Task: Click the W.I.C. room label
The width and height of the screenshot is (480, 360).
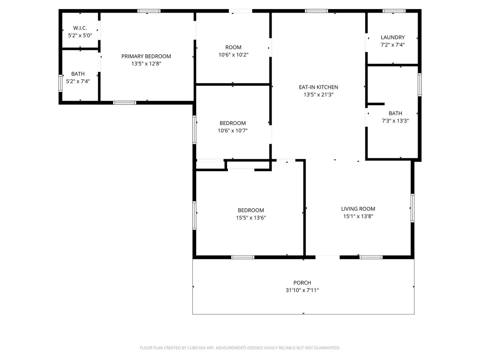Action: coord(80,28)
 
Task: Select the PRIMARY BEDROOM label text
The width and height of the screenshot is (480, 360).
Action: coord(146,56)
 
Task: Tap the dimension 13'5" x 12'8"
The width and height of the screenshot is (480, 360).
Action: coord(146,64)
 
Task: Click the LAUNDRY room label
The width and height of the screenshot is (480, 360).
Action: coord(393,37)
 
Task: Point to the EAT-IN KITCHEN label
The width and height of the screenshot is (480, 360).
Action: coord(318,87)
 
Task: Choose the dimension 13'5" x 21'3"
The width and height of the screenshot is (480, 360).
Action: coord(318,94)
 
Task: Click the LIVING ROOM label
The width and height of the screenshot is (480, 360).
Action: coord(358,209)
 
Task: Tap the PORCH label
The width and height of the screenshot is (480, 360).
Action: coord(302,283)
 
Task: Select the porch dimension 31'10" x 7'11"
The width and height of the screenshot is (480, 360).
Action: coord(302,290)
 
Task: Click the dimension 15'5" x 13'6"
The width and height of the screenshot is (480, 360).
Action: coord(251,217)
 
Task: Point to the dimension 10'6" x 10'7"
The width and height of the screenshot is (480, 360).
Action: coord(233,131)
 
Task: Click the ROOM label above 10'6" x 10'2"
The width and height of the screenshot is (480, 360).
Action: coord(233,48)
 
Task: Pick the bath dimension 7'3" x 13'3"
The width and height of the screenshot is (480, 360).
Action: coord(395,120)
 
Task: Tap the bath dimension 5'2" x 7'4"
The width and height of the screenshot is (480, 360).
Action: coord(78,81)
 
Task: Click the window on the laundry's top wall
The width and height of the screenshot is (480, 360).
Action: coord(394,11)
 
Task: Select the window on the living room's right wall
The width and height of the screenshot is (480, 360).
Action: coord(412,208)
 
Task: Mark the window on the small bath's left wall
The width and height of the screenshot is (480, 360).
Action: coord(60,83)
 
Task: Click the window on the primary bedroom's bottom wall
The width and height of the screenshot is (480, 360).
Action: coord(125,103)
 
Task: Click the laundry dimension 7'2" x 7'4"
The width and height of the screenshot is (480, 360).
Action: coord(393,45)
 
